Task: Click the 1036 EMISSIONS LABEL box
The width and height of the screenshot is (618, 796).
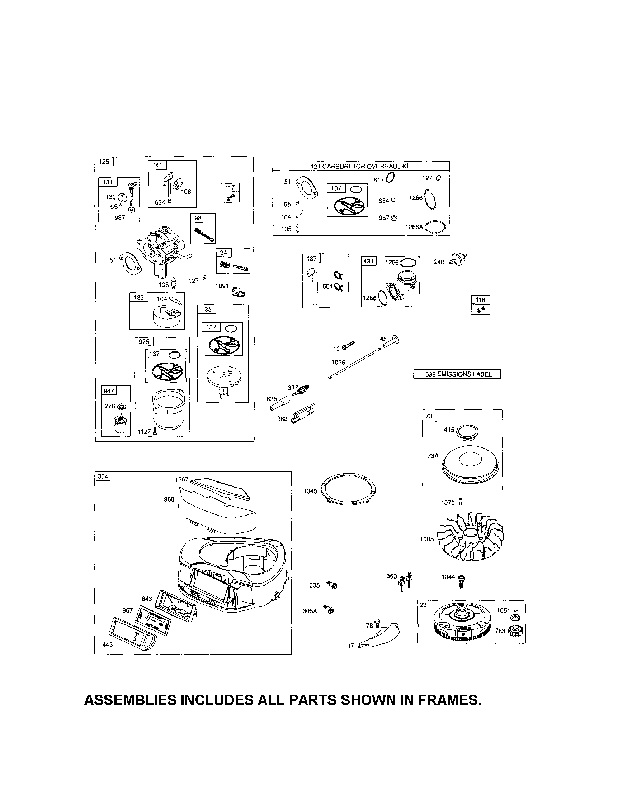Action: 457,374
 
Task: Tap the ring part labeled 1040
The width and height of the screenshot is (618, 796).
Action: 349,492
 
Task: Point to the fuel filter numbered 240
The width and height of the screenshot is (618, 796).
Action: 458,259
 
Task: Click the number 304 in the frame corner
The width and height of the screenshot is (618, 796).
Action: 103,476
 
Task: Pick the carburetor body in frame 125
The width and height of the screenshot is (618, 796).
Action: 161,248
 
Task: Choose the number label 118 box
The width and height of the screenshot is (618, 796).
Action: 480,300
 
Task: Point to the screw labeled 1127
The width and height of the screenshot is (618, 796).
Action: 155,431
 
